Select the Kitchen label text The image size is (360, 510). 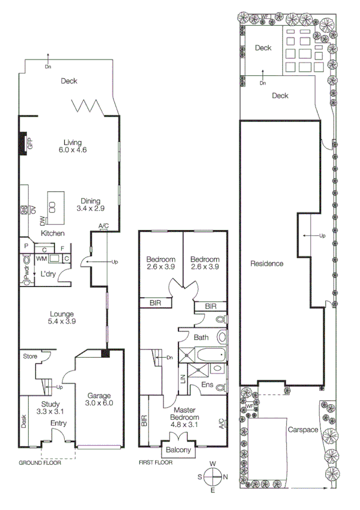pos(52,233)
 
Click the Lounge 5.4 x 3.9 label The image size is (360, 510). pos(63,318)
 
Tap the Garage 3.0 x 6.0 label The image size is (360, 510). pos(100,399)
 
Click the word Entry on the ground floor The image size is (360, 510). pos(58,423)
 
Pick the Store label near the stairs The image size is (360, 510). pos(30,357)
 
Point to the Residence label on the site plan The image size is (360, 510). pos(267,263)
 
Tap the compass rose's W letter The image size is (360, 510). pos(213,463)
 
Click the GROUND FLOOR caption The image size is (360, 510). pos(39,463)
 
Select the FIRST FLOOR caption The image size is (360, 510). pos(154,463)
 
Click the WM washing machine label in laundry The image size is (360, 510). pos(41,258)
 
